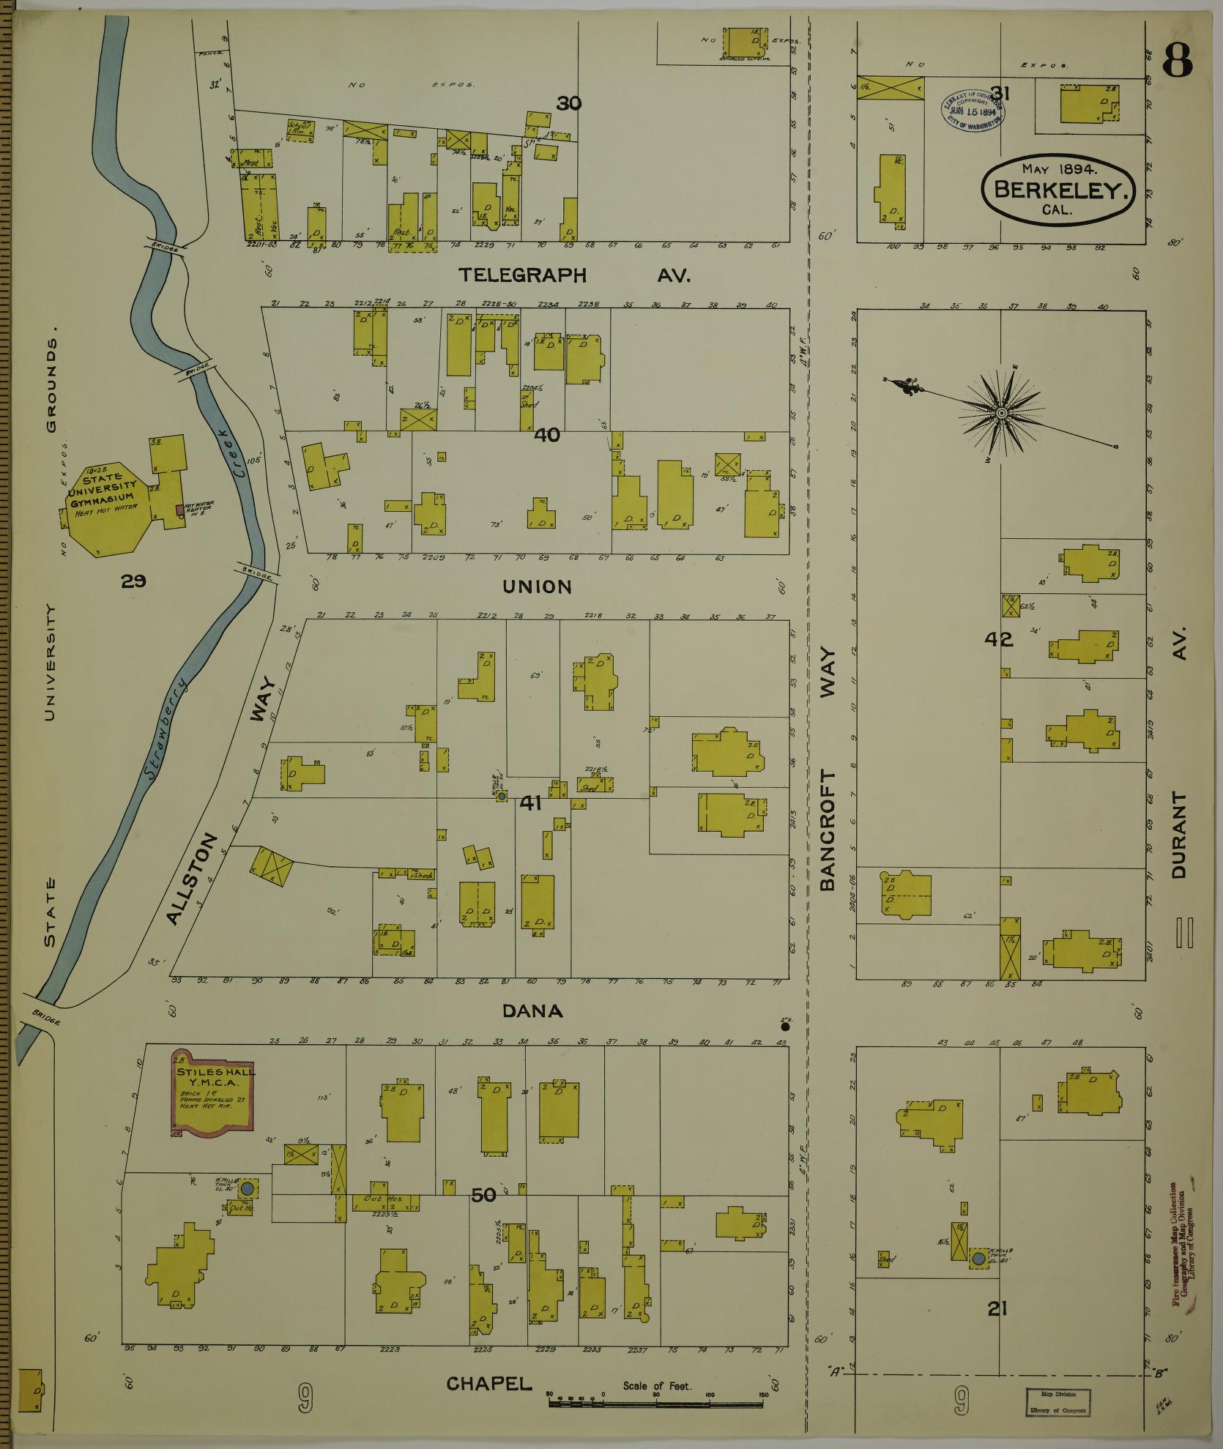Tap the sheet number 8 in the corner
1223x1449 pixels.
coord(1177,61)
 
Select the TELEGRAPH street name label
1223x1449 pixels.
coord(523,275)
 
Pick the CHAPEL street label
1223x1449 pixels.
coord(488,1383)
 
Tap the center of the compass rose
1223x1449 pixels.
coord(1000,414)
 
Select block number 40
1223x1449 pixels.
coord(547,435)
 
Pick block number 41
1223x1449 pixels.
coord(530,803)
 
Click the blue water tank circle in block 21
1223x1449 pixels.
coord(978,1259)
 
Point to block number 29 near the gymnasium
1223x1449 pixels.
coord(134,581)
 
